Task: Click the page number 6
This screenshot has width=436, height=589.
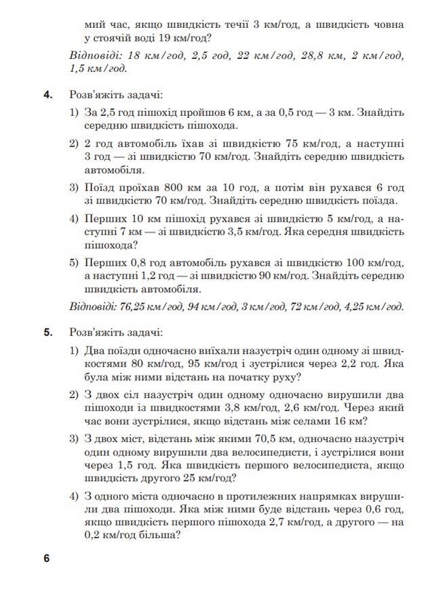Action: [46, 559]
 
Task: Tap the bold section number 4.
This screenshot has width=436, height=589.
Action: [48, 95]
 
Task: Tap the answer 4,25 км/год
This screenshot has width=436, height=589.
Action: [375, 306]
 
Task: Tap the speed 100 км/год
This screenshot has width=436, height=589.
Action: [375, 262]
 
